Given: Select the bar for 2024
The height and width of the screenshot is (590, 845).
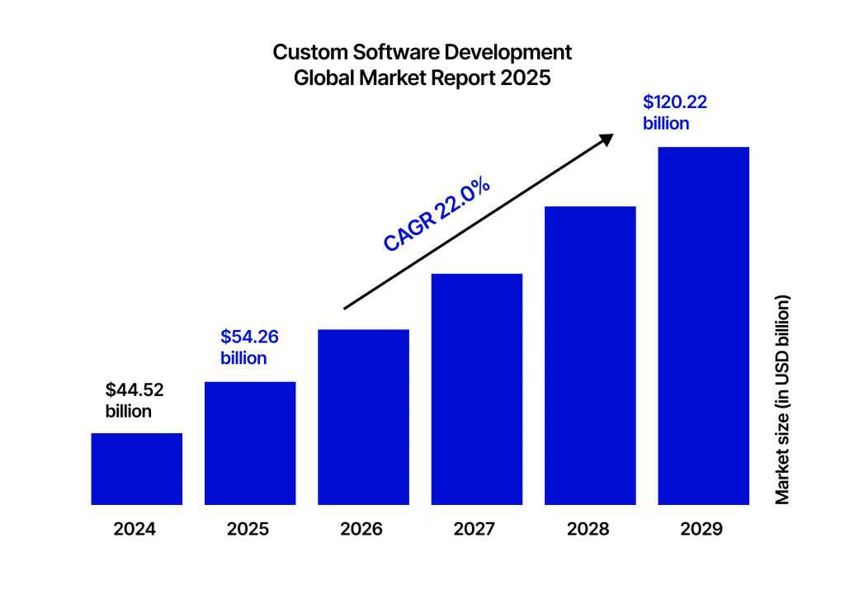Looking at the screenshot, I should click(136, 469).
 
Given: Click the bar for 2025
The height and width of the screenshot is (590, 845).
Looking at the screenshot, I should click(250, 443).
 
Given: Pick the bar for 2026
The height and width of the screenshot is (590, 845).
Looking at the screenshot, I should click(363, 417).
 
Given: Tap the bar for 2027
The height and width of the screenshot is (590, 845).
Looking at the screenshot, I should click(477, 389).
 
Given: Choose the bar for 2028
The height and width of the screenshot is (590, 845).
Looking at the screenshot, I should click(590, 356).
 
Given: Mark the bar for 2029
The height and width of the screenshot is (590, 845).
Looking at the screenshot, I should click(703, 326).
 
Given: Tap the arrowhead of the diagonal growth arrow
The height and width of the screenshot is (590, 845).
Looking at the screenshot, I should click(607, 139).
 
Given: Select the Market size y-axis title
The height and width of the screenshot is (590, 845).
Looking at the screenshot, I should click(783, 399).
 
